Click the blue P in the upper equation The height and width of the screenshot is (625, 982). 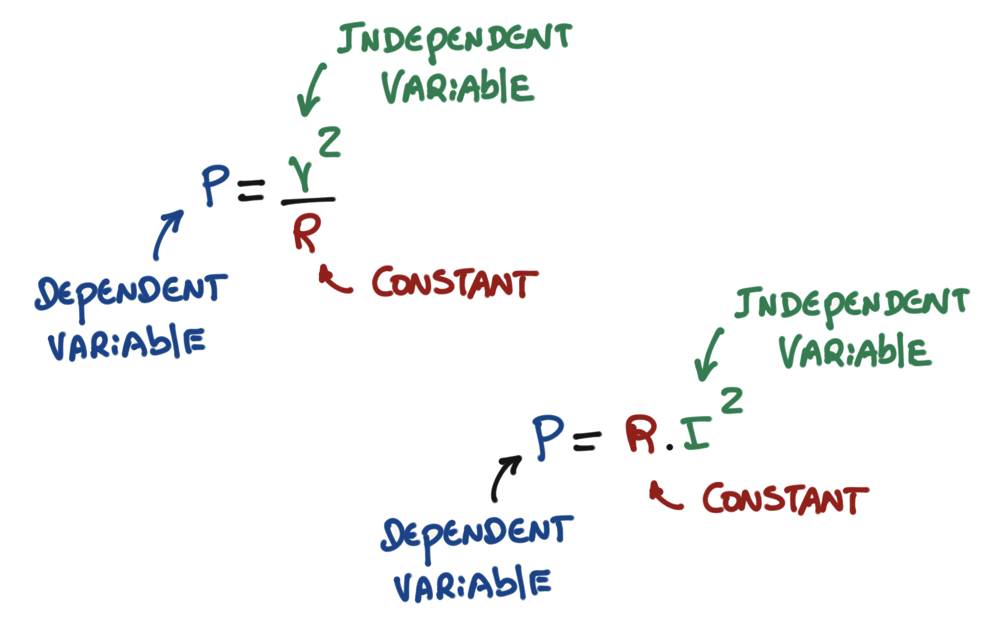click(215, 185)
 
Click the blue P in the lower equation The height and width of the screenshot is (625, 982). click(547, 437)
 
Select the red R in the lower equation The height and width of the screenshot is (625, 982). click(640, 433)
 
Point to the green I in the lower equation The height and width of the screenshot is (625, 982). click(696, 433)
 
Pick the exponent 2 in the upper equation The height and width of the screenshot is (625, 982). click(329, 142)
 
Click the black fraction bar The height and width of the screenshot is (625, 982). click(308, 200)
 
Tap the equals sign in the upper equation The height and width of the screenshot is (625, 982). click(251, 190)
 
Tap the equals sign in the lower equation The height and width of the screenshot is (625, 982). click(587, 442)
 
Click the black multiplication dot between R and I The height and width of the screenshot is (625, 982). click(669, 447)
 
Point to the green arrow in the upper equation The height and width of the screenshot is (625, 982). click(310, 90)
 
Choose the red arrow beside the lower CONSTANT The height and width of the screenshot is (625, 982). click(664, 496)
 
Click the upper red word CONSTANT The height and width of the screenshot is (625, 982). click(454, 283)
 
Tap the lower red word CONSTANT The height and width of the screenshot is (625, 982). click(785, 498)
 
